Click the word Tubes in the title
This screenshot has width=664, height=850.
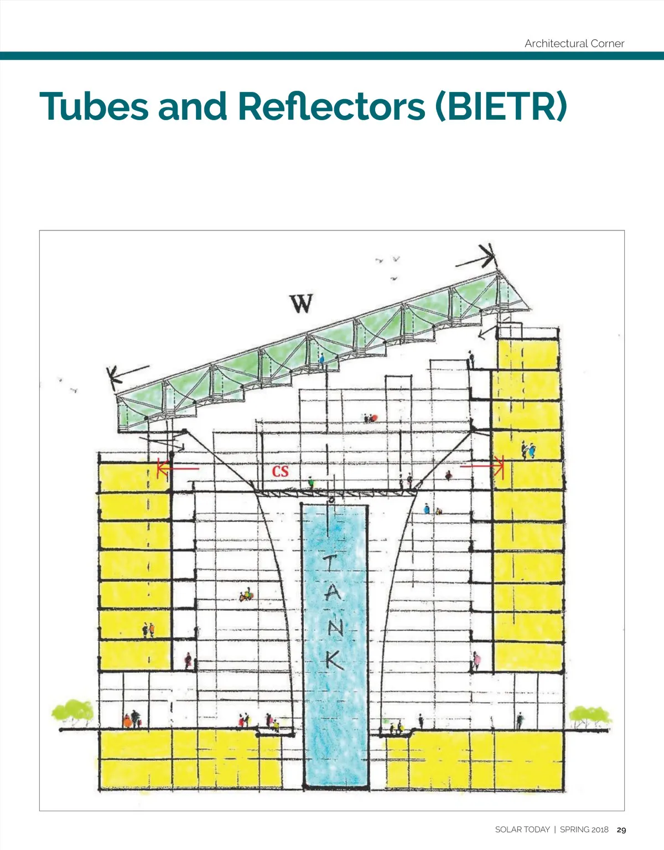tap(95, 106)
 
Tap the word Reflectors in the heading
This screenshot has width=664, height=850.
tap(331, 106)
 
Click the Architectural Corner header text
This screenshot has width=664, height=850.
tap(574, 44)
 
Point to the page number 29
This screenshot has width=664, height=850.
tap(621, 830)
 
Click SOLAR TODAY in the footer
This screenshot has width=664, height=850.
tap(522, 830)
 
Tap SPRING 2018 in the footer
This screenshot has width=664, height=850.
tap(584, 830)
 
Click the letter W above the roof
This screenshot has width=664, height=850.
tap(301, 303)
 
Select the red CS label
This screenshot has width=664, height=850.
tap(280, 471)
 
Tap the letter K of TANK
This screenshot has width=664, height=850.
tap(334, 659)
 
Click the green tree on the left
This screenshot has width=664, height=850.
tap(73, 712)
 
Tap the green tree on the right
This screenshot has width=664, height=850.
tap(590, 717)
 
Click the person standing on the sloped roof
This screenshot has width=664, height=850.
tap(321, 359)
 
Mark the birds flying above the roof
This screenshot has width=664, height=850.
tap(390, 263)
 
